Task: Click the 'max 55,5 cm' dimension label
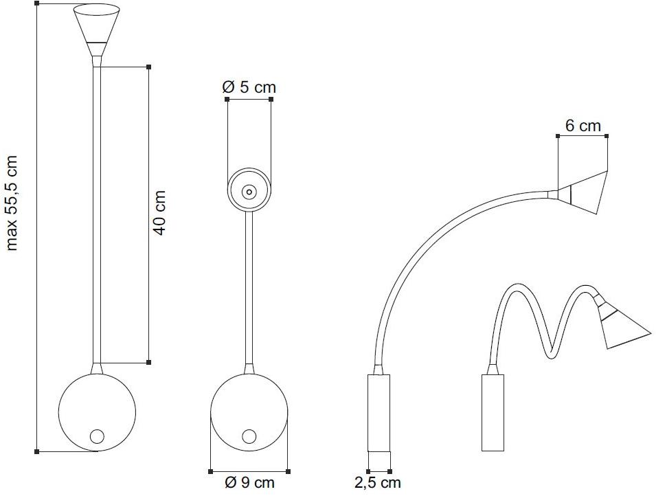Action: click(x=12, y=203)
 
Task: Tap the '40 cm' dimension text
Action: click(x=159, y=213)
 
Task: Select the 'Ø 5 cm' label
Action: click(x=249, y=87)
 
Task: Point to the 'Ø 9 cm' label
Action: click(x=250, y=483)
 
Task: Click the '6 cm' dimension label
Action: click(x=583, y=126)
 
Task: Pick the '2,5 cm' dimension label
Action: click(x=378, y=483)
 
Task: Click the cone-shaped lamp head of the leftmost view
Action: click(x=97, y=30)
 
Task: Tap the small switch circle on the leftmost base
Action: click(x=97, y=436)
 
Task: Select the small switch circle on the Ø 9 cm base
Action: click(x=249, y=436)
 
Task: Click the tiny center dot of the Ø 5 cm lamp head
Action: click(x=249, y=192)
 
